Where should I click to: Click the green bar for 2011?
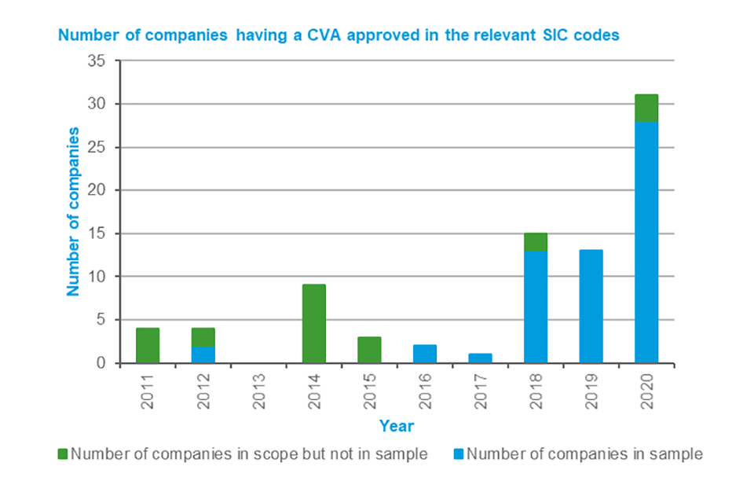coord(148,346)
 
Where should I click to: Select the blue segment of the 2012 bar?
coord(203,355)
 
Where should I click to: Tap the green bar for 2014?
coord(313,324)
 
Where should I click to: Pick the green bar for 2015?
coord(369,350)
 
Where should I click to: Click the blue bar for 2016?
coord(424,354)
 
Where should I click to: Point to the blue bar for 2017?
coord(480,358)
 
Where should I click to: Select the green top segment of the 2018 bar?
coord(535,242)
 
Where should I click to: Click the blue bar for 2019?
coord(591,307)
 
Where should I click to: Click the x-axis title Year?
coord(396,426)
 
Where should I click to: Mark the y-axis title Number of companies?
coord(73,211)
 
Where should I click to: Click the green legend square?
coord(63,454)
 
